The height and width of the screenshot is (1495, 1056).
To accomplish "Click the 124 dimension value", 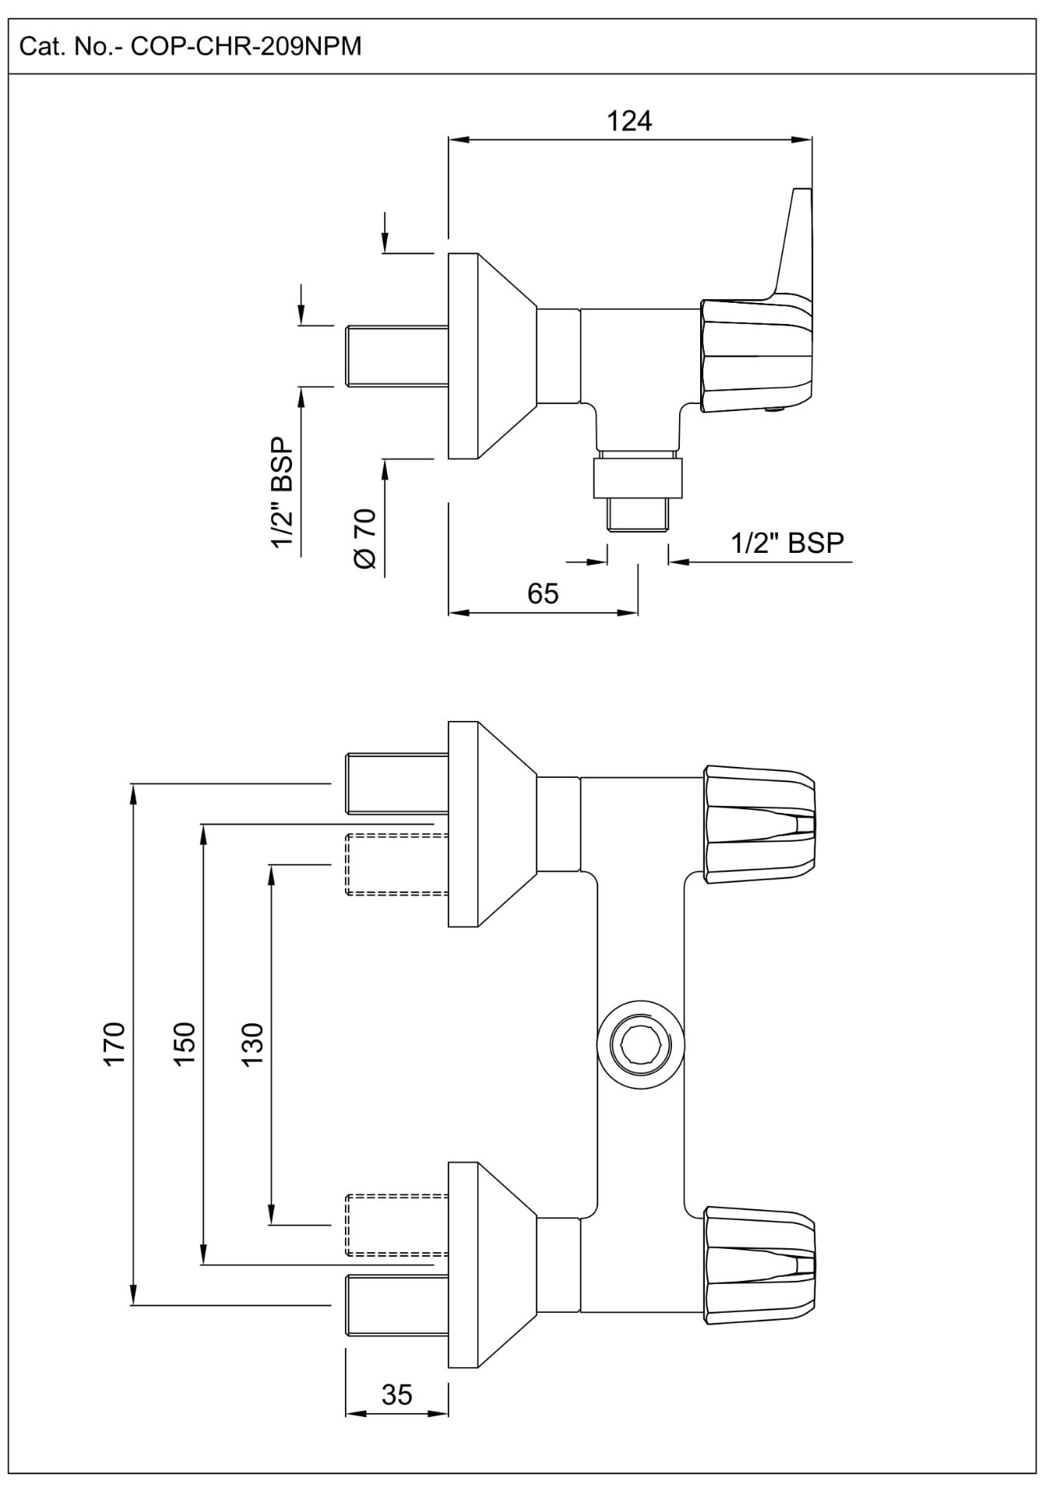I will pos(628,121).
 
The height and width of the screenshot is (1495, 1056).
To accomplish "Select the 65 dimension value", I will pos(543,593).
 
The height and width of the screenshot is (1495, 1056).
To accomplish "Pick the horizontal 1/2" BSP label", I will pos(787,542).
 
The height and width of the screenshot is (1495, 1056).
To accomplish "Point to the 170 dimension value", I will pos(114,1043).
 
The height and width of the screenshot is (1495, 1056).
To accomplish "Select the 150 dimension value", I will pos(185,1043).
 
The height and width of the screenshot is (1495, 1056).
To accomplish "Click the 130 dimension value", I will pos(253,1043).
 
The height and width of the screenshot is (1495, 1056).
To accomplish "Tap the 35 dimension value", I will pos(396,1394).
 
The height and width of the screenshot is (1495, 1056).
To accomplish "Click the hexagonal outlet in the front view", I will pos(640,1044).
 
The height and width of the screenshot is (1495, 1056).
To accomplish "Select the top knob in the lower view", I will pos(759,825).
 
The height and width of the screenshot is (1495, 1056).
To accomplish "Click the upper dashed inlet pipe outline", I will pos(396,864).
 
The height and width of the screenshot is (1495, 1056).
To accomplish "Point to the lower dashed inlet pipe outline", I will pos(396,1224).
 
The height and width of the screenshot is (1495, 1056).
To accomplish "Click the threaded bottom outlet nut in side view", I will pos(638,478).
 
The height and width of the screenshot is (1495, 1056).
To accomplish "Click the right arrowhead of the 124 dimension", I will pos(804,140).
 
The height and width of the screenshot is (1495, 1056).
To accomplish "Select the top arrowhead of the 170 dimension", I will pos(133,792).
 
